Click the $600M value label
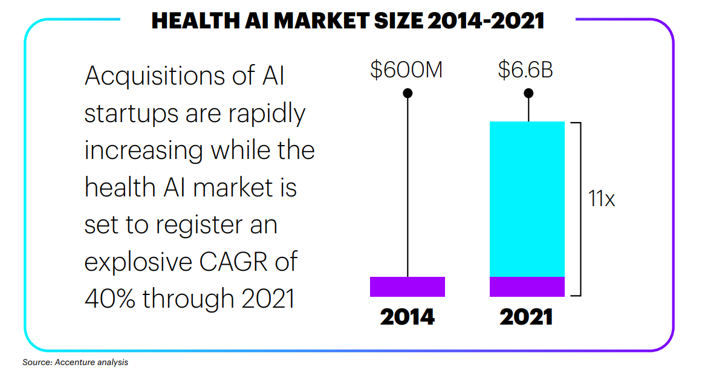click(407, 70)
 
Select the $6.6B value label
click(525, 70)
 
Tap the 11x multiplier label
click(601, 199)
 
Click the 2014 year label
click(407, 317)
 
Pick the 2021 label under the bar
click(526, 317)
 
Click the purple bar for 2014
click(407, 287)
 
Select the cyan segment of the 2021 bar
click(527, 199)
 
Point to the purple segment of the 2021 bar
click(527, 287)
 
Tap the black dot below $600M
click(408, 93)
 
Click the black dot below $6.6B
click(528, 93)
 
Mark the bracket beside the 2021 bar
click(579, 209)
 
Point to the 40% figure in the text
click(109, 298)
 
